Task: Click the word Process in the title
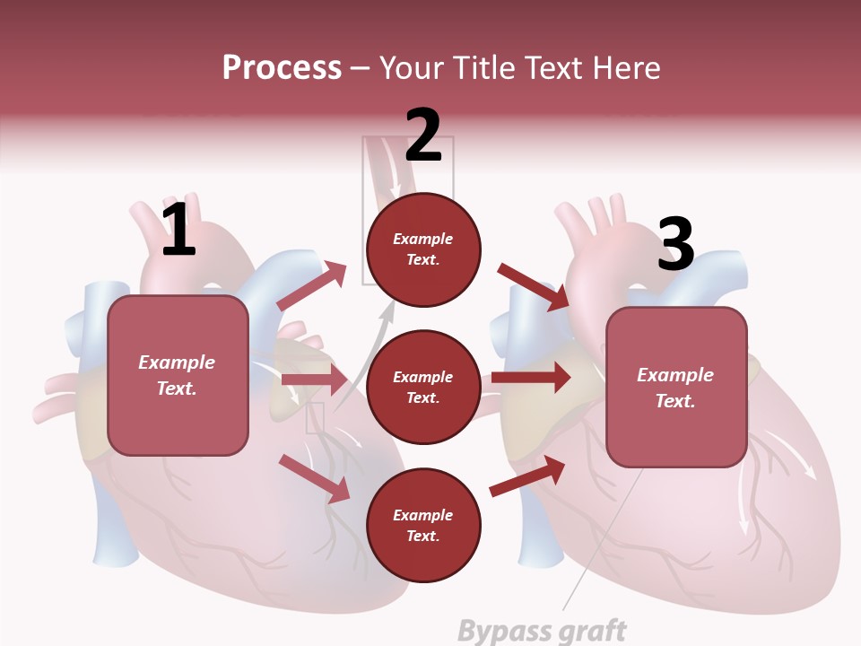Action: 282,68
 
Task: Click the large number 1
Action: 178,230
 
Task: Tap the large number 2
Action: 423,135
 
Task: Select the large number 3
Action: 675,244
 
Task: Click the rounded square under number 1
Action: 178,375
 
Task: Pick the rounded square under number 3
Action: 676,387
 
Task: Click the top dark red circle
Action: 423,249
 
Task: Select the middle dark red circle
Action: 423,387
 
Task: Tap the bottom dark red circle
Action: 423,525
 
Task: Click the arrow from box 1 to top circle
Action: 312,285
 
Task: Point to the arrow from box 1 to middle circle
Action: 314,380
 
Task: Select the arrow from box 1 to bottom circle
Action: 314,477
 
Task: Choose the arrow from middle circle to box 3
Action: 530,378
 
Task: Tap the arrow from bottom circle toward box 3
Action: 527,476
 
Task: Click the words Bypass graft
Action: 542,630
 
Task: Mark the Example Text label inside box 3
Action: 675,388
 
